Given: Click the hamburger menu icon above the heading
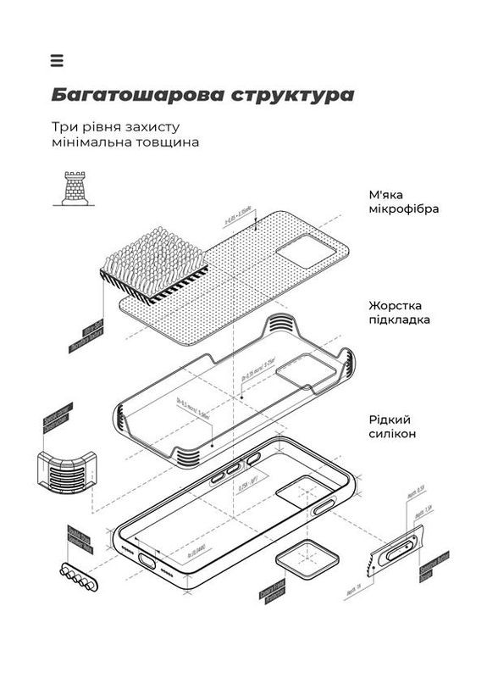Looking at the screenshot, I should tap(57, 60).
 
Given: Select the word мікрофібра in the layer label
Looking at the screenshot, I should tap(403, 208).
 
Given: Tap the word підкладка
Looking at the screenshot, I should tap(399, 320).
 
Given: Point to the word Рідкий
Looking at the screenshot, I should tap(390, 418).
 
